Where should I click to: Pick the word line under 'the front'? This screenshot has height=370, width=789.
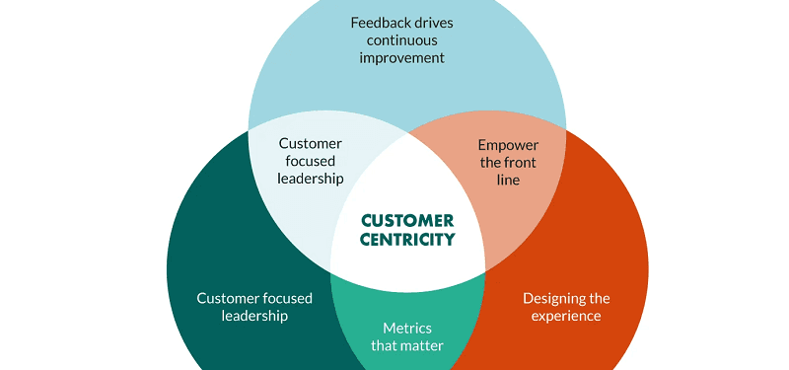tap(508, 180)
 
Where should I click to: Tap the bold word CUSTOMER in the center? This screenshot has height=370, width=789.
tap(407, 220)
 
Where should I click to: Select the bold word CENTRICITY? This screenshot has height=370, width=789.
tap(407, 239)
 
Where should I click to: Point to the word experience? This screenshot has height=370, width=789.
tap(565, 316)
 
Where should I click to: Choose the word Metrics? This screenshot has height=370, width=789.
tap(407, 328)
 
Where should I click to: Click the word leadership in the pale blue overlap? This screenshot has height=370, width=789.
tap(311, 180)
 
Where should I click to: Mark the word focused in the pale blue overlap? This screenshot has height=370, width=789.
tap(311, 162)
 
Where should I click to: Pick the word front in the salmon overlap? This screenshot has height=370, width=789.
tap(523, 162)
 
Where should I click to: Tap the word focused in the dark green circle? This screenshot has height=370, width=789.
tap(285, 298)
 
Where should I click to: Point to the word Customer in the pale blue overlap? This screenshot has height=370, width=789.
tap(311, 144)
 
